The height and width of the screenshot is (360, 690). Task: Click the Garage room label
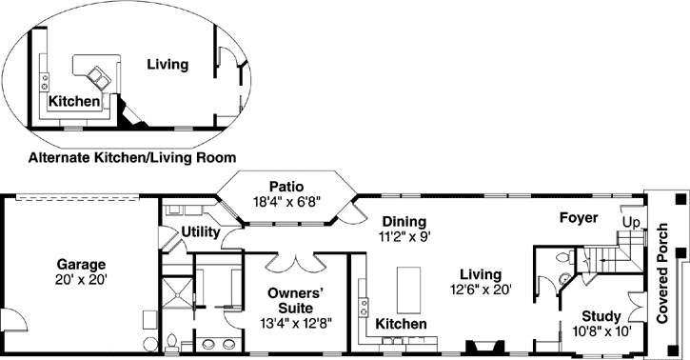(80, 264)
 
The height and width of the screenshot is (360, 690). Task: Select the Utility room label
(200, 231)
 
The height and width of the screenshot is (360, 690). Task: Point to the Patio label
(286, 186)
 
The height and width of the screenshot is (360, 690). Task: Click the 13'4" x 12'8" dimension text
(295, 324)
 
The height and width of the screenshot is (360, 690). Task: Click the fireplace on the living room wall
(477, 348)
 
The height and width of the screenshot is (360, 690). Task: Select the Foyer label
(578, 218)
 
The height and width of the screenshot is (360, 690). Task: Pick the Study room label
(602, 317)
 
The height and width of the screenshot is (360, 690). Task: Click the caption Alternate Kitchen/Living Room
(132, 156)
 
